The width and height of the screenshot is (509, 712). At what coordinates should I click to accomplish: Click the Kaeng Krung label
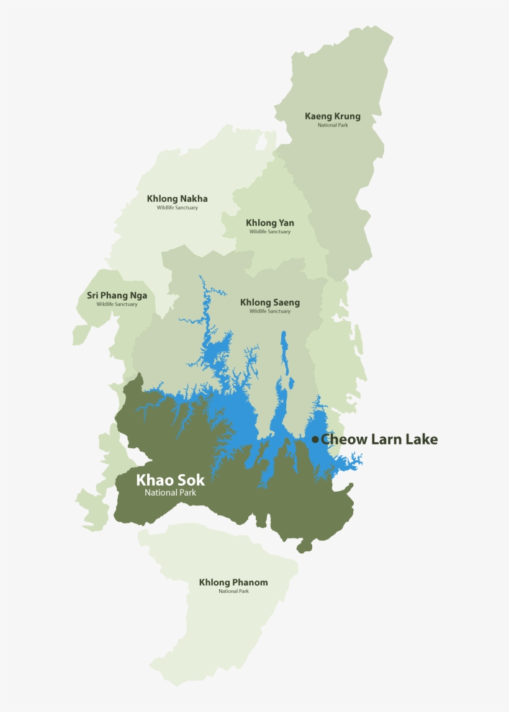332,116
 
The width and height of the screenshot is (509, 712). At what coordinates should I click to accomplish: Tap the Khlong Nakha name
177,198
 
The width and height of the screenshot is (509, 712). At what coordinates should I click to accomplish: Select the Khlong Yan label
270,223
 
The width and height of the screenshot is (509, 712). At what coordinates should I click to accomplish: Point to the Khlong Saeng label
270,303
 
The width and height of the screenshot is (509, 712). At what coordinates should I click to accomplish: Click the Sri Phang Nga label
117,295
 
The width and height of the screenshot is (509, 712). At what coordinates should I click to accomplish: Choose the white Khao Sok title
170,480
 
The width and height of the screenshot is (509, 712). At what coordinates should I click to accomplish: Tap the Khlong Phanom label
233,582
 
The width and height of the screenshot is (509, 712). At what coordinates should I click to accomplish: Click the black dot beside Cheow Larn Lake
315,440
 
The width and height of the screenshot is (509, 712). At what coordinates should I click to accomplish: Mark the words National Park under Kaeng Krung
332,125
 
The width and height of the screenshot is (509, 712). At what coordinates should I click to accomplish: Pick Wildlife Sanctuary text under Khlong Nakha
177,208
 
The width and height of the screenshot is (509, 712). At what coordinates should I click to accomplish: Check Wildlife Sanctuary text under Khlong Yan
270,232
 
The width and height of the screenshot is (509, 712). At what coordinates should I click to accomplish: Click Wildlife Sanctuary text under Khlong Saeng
270,311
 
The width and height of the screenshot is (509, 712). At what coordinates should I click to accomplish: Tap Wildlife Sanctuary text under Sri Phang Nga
117,305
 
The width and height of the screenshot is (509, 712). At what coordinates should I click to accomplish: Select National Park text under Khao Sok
169,493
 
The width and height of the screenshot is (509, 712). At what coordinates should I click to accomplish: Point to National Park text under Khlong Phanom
233,592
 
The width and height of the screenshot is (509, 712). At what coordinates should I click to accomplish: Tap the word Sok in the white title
191,480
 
